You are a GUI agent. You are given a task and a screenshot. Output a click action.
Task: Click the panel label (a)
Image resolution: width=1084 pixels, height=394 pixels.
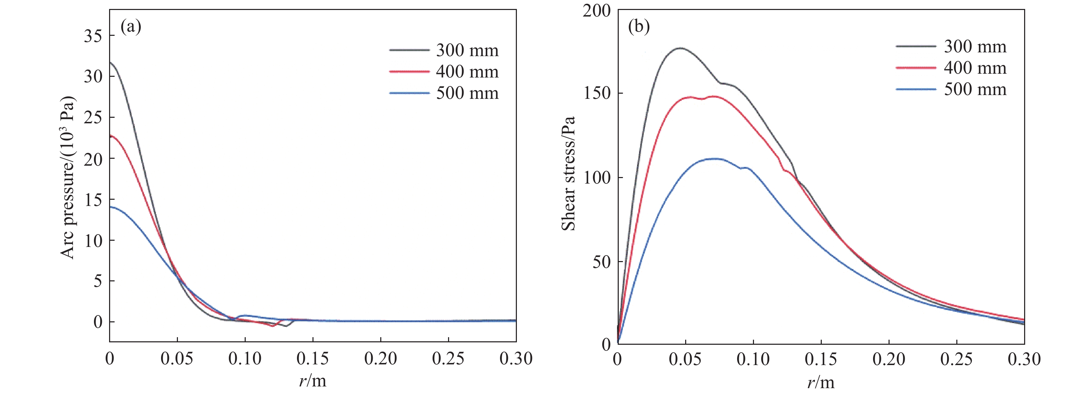click(130, 27)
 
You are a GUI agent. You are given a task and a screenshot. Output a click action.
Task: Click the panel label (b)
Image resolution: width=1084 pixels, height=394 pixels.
click(639, 27)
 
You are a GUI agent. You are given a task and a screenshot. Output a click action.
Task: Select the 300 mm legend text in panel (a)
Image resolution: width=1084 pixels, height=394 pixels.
click(467, 51)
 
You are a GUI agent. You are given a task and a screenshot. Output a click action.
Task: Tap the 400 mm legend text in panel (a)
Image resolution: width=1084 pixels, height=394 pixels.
click(467, 72)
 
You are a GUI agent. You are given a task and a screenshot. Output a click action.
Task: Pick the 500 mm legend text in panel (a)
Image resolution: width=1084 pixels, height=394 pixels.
click(467, 93)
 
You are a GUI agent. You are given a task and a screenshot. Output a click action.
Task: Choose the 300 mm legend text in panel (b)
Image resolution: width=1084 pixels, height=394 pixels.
click(975, 47)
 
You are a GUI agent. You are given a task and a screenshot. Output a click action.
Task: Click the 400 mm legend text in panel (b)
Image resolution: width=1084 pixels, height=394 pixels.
click(975, 68)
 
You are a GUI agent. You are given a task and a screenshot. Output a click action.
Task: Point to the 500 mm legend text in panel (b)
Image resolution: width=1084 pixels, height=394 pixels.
click(975, 89)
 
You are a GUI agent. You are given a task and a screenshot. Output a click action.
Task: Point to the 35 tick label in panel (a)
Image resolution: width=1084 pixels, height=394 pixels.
click(93, 36)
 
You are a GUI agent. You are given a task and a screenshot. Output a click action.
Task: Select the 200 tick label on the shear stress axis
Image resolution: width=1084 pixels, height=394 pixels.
click(596, 11)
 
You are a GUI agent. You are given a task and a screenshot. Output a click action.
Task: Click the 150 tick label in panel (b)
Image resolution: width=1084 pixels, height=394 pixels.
click(597, 93)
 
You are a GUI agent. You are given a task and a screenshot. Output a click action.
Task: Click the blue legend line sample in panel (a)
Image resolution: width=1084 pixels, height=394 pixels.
click(409, 93)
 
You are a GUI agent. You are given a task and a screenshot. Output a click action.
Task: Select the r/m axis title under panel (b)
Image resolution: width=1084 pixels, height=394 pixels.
click(821, 382)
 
